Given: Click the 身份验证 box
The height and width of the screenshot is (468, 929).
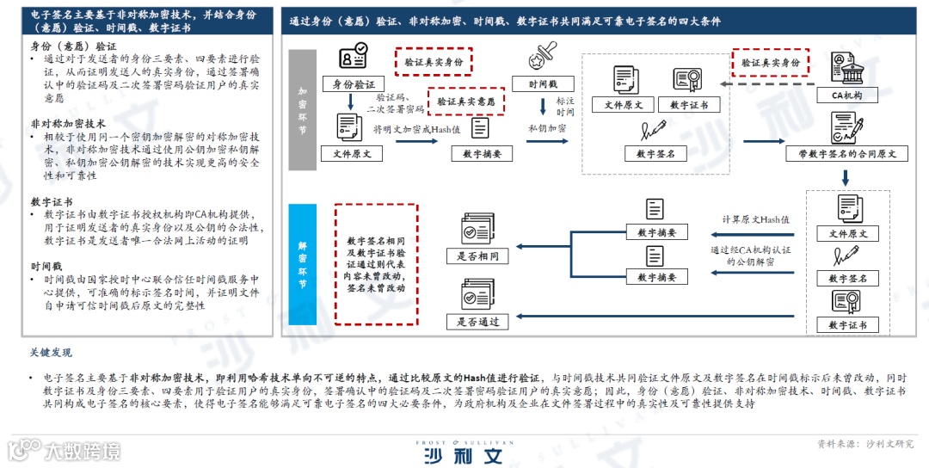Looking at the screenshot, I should [x=353, y=84].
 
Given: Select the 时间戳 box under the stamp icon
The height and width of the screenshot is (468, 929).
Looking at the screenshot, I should [x=543, y=84].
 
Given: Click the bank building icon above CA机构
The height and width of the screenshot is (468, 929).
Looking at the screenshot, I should [x=846, y=69].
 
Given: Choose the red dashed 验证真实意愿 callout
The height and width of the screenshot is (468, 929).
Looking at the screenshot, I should [x=466, y=102].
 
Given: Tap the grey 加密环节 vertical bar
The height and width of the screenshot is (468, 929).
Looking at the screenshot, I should [x=302, y=109].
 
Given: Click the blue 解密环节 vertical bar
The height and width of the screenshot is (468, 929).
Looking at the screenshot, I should [x=302, y=264].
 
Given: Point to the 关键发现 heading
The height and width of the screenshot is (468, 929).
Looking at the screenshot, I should [x=51, y=353].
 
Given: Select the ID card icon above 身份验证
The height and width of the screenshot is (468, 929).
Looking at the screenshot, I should [x=353, y=58].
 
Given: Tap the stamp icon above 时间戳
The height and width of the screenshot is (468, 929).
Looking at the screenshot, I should [x=543, y=57].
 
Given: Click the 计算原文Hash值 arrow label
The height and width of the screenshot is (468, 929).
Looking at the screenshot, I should [x=756, y=219].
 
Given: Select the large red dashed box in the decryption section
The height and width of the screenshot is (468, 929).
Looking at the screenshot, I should [x=376, y=264].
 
